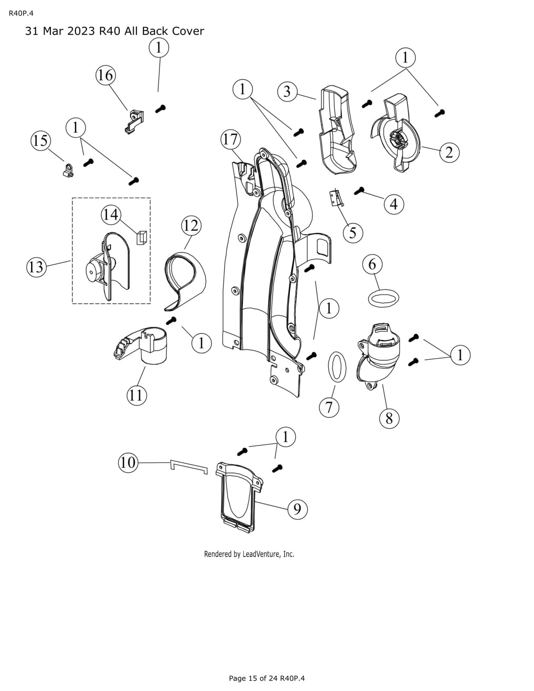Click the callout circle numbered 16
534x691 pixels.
pos(105,76)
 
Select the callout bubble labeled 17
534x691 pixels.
pos(230,139)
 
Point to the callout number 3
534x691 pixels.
pos(287,92)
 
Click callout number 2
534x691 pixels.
pos(449,152)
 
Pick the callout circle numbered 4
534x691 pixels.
pos(394,203)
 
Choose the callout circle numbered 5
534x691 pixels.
pos(353,232)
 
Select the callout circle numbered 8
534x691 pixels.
pos(389,418)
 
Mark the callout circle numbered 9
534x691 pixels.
pos(297,509)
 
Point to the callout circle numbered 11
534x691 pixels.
pos(136,395)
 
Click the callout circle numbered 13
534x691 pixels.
pos(36,267)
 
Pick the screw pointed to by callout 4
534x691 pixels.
pos(360,190)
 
